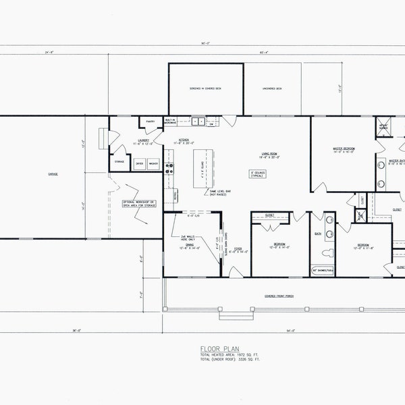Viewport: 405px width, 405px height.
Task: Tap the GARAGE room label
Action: [x=53, y=175]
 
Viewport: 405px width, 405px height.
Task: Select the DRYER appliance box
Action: [x=139, y=163]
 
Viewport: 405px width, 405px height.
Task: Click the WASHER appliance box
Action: [x=153, y=163]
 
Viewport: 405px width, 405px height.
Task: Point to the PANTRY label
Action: [x=150, y=122]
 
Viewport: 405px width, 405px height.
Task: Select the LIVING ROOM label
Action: [x=271, y=155]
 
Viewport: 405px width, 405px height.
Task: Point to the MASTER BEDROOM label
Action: [x=344, y=150]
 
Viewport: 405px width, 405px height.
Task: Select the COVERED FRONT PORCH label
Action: [x=279, y=296]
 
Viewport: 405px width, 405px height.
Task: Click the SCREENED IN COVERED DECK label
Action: [x=205, y=88]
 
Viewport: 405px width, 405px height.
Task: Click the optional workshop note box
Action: [x=139, y=204]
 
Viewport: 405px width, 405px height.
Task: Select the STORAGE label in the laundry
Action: [x=119, y=162]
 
